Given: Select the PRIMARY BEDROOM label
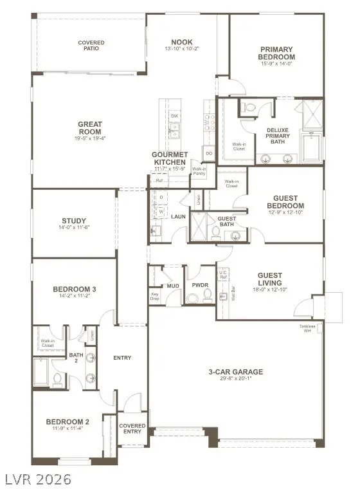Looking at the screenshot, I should point(277,53).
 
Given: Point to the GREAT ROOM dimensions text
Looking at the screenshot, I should point(91,138).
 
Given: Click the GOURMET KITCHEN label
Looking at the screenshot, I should point(170,158).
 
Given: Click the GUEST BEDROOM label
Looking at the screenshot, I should point(289,202).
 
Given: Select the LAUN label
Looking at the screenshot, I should point(178,216).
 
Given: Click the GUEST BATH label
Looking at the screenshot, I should point(226,221).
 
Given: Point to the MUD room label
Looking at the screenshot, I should point(173,285).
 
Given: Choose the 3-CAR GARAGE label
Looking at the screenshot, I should point(235,371).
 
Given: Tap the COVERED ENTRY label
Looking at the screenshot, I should point(132,429).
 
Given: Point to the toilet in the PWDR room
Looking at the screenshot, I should point(208,295).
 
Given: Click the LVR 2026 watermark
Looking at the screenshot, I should point(37,479).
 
